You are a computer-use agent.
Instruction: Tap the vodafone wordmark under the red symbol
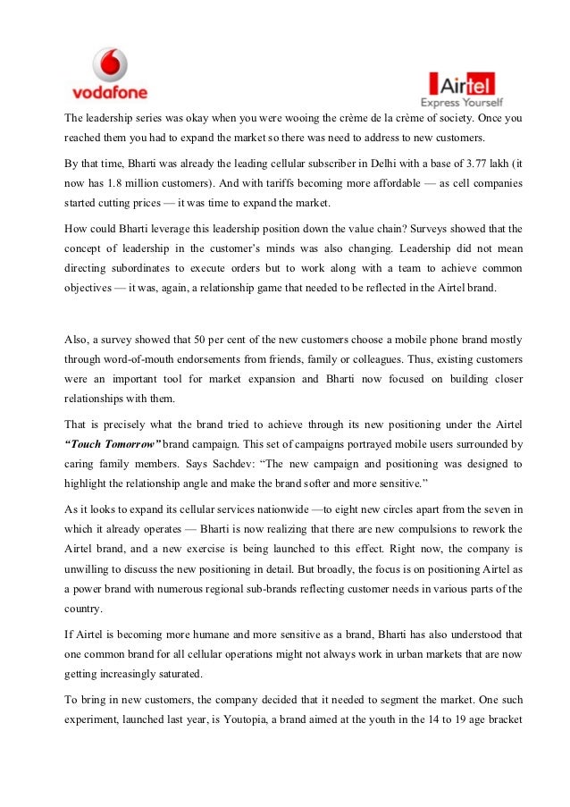pyautogui.click(x=109, y=91)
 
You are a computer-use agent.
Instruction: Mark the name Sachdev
pyautogui.click(x=244, y=464)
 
